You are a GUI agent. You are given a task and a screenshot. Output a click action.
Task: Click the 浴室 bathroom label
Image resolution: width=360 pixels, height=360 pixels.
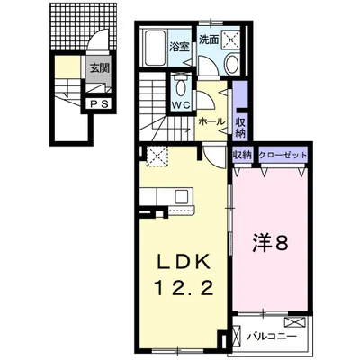(180, 48)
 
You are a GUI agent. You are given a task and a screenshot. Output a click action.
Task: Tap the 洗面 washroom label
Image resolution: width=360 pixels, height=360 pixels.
(209, 40)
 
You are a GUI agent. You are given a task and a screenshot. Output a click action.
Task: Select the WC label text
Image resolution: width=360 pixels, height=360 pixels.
(181, 105)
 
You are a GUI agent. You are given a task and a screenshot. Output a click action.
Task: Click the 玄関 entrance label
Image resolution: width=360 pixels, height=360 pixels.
(100, 68)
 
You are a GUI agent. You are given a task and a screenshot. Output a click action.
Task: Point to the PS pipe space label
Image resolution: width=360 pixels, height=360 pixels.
(99, 104)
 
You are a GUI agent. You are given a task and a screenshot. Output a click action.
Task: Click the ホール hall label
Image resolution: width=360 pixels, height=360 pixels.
(211, 121)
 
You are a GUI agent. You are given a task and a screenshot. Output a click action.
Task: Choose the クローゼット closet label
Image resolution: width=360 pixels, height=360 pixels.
(283, 156)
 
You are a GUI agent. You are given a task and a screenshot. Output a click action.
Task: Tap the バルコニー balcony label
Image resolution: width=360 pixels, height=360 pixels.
(272, 337)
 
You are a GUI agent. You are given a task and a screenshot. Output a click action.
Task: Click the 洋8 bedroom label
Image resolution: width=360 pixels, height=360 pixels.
(269, 243)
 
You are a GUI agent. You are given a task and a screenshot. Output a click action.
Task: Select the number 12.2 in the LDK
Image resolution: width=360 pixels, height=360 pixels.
(184, 289)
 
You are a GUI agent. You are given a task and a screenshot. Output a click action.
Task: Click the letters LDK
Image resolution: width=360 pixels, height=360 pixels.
(184, 263)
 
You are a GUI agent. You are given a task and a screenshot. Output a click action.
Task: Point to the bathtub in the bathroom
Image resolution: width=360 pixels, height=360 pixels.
(155, 48)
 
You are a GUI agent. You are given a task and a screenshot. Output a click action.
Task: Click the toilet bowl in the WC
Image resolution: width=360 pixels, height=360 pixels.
(181, 88)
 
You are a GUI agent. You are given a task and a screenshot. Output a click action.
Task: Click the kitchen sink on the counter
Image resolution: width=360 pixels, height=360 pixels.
(182, 196)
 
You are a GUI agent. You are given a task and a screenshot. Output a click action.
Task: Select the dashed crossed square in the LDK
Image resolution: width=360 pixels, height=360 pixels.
(157, 156)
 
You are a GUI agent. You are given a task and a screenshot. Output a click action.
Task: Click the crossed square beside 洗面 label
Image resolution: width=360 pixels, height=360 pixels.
(231, 39)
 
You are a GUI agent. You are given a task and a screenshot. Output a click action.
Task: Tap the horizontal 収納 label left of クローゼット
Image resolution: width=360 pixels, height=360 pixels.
(241, 156)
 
